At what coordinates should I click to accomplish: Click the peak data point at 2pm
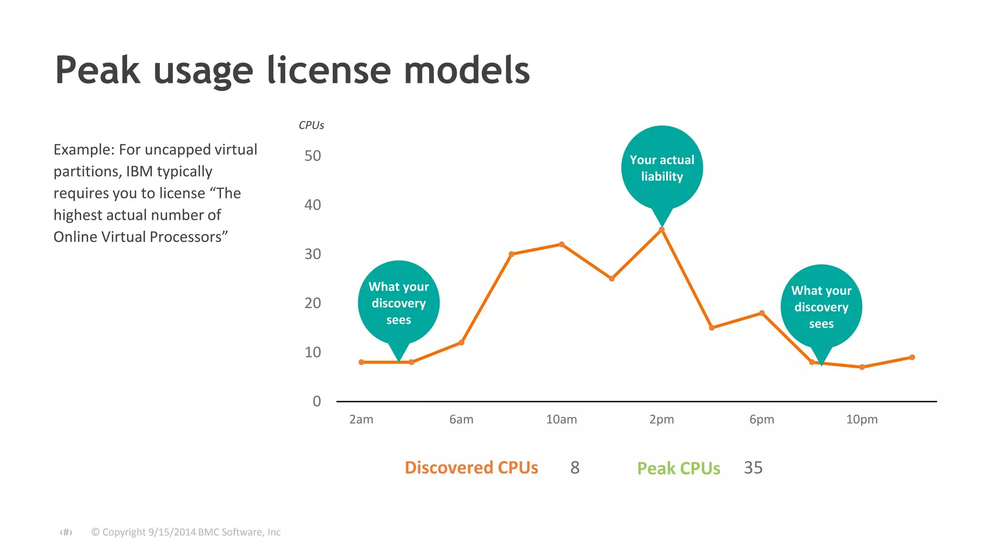point(662,230)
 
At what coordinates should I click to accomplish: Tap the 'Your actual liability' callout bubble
point(662,168)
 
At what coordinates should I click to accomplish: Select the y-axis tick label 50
point(312,156)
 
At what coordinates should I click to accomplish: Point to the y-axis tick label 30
point(312,254)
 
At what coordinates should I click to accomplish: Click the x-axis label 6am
point(461,419)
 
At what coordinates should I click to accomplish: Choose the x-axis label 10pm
point(862,419)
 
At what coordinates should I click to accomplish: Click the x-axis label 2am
point(361,419)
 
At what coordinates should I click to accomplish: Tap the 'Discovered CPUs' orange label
point(471,468)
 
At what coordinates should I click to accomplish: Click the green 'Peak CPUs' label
point(678,468)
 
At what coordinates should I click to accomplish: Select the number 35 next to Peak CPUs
point(753,468)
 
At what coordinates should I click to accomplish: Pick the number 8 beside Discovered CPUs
point(575,468)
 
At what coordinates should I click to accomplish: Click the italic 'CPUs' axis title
point(311,125)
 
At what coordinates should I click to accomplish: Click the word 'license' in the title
point(329,71)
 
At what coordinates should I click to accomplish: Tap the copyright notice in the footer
point(186,532)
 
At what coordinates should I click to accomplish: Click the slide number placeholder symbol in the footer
point(66,532)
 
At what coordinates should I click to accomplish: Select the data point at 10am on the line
point(561,245)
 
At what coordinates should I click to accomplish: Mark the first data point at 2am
point(361,362)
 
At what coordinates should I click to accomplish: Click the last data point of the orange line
point(912,357)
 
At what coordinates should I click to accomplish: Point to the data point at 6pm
point(762,313)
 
